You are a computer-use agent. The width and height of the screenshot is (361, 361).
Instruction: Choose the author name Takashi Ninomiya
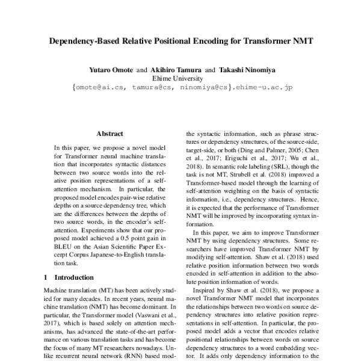point(244,69)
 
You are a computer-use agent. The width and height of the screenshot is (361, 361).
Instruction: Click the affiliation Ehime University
point(180,78)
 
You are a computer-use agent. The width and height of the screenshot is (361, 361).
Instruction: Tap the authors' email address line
point(180,87)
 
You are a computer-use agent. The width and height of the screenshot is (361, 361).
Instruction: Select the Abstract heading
point(110,134)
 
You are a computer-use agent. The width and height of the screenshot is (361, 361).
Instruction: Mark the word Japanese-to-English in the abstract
point(119,254)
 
